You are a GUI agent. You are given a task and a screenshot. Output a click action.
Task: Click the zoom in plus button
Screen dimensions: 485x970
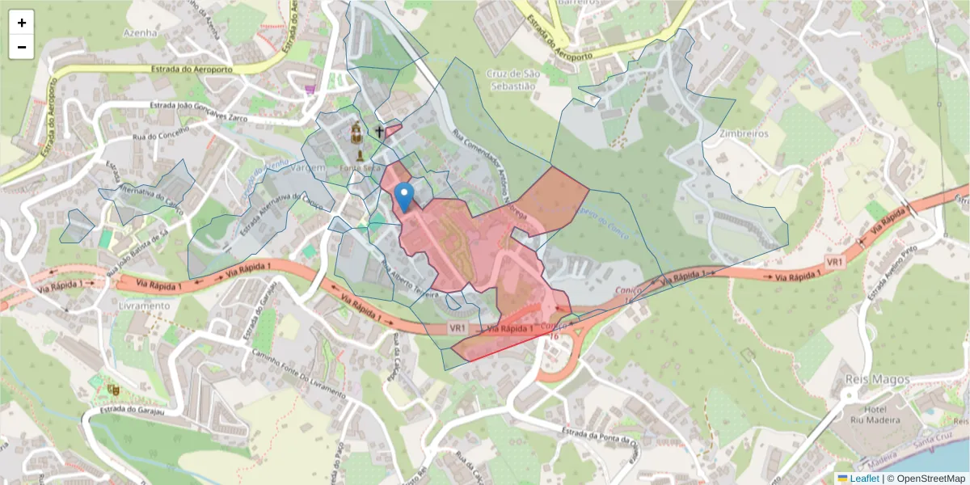pyautogui.click(x=22, y=23)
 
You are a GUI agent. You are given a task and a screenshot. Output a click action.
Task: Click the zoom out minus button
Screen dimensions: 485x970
pyautogui.click(x=22, y=47)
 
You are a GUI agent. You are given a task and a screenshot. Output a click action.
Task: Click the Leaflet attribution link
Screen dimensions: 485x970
pyautogui.click(x=864, y=479)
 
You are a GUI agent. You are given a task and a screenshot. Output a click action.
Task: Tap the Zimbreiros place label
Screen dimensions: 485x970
pyautogui.click(x=741, y=133)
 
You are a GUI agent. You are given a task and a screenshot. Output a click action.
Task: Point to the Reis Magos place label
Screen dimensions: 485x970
pyautogui.click(x=876, y=379)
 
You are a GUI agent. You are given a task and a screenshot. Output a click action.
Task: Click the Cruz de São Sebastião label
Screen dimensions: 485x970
pyautogui.click(x=511, y=79)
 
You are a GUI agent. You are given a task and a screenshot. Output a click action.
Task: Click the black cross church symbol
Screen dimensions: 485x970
pyautogui.click(x=378, y=130)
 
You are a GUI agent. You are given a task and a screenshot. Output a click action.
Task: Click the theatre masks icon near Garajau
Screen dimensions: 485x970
pyautogui.click(x=112, y=390)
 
